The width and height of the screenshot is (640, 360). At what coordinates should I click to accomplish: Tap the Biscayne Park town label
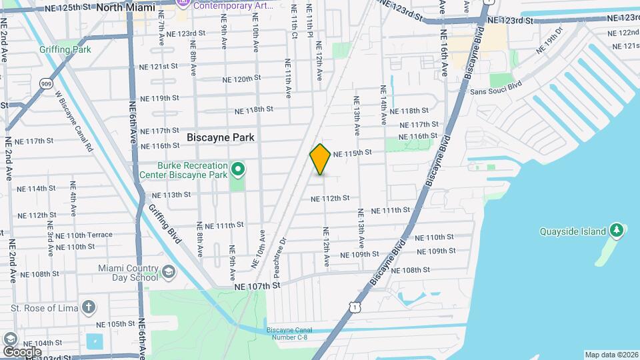[x=221, y=137]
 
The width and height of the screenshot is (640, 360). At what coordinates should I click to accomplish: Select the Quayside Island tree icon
[x=617, y=231]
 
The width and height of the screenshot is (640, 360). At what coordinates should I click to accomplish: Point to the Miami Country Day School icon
[x=169, y=271]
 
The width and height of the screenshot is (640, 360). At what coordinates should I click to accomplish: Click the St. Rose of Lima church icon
[x=88, y=307]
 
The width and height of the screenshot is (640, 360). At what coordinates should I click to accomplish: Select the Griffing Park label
[x=65, y=49]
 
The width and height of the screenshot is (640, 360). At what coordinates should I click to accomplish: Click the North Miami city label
[x=126, y=7]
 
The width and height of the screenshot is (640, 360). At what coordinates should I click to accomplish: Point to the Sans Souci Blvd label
[x=495, y=92]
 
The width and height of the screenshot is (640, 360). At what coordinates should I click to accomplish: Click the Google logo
[x=22, y=351]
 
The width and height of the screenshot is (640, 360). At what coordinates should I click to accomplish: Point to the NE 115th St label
[x=352, y=153]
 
